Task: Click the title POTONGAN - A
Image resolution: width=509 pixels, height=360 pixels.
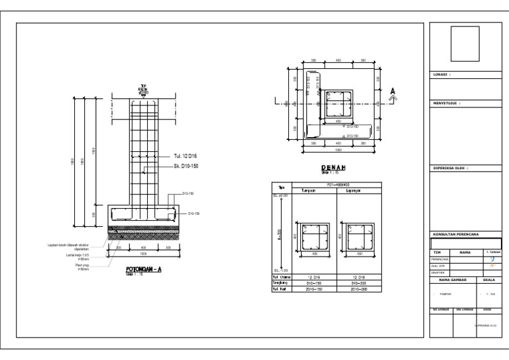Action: coord(144,270)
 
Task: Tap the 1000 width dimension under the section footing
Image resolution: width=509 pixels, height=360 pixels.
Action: coord(144,253)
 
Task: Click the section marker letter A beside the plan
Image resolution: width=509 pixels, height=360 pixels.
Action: coord(393,91)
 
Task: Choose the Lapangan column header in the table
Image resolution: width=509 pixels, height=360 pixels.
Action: coord(353,190)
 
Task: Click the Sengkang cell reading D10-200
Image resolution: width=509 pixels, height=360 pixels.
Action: coord(353,282)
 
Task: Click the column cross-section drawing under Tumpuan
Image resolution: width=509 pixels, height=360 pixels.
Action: coord(315,237)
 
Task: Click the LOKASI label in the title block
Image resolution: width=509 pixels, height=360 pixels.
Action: coord(441,75)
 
